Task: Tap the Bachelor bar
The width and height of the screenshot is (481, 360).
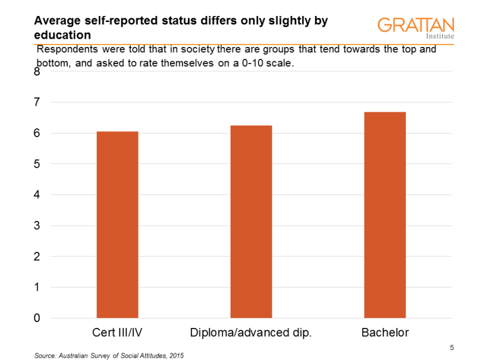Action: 385,215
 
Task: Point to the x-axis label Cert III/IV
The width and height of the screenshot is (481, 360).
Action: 117,333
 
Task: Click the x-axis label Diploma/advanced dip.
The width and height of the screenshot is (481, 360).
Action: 251,333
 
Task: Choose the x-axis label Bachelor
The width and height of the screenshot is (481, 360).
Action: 385,333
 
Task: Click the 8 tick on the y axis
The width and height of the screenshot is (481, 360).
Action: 37,72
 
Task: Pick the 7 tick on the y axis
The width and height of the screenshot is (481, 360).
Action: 37,103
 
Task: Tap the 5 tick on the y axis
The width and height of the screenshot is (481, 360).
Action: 37,165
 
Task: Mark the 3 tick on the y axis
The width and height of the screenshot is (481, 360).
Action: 37,226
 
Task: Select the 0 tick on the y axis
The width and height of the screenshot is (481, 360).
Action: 37,318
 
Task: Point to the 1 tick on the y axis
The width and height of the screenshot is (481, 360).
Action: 37,288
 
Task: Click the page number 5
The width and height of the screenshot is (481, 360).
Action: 452,347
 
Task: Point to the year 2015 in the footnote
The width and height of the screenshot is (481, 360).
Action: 177,355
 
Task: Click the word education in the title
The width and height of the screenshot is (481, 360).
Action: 58,35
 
